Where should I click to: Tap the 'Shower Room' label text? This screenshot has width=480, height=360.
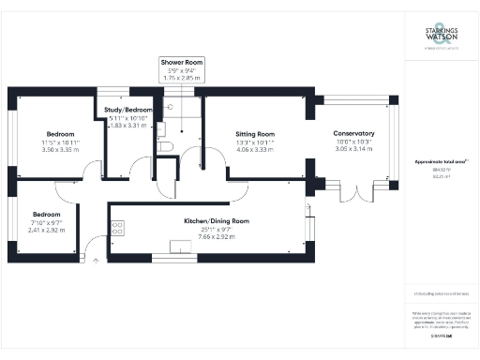point(181,62)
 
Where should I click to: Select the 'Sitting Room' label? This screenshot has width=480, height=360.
point(255,134)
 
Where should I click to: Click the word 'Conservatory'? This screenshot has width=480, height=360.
point(354,134)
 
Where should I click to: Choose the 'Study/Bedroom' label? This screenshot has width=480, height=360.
point(127,110)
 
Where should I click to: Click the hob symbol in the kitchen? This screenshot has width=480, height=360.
point(119,226)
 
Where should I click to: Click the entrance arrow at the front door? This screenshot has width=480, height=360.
point(94,264)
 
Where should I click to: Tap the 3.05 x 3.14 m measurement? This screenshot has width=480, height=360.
point(354,149)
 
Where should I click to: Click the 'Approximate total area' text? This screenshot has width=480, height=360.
point(441,161)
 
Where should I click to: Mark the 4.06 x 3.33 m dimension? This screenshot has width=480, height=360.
point(255,149)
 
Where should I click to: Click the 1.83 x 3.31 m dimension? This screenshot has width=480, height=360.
point(127,125)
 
